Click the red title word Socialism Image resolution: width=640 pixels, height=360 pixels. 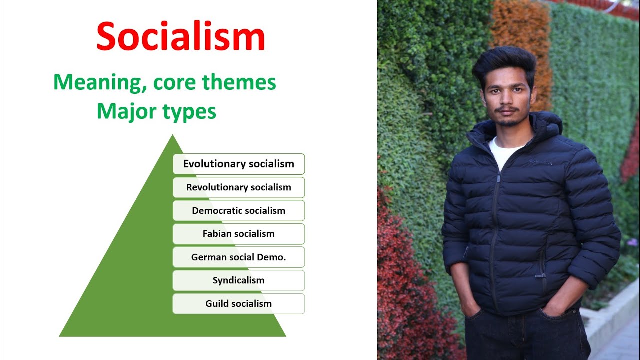180,37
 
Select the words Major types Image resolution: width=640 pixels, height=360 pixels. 156,111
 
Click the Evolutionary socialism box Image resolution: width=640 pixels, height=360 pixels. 239,164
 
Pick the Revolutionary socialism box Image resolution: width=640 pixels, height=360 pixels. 239,187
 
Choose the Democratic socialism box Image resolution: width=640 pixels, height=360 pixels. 239,210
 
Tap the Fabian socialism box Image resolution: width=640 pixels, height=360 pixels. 239,234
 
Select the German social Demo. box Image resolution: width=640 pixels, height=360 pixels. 239,257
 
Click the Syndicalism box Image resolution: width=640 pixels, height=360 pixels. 239,280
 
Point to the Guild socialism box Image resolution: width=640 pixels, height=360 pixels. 239,303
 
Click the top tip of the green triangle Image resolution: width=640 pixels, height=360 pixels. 173,136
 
